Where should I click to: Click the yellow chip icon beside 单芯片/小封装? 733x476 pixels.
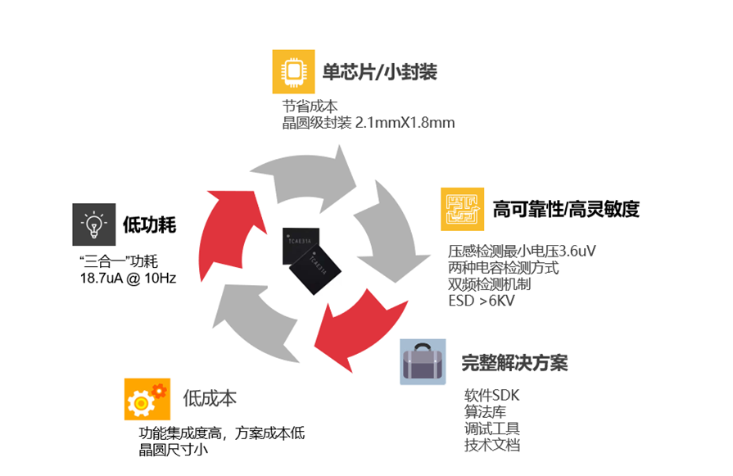pyautogui.click(x=293, y=71)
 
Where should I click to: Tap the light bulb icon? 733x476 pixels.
pyautogui.click(x=93, y=224)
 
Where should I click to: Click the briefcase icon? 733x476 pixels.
pyautogui.click(x=423, y=361)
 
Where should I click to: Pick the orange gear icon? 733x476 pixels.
pyautogui.click(x=147, y=399)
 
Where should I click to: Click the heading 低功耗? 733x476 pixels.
pyautogui.click(x=150, y=224)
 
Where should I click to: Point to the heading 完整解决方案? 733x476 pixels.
pyautogui.click(x=514, y=362)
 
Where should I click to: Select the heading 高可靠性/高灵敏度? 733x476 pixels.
pyautogui.click(x=565, y=209)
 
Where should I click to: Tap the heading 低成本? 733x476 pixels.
pyautogui.click(x=210, y=398)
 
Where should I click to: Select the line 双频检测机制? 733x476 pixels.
pyautogui.click(x=490, y=284)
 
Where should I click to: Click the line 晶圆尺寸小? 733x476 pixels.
pyautogui.click(x=173, y=449)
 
